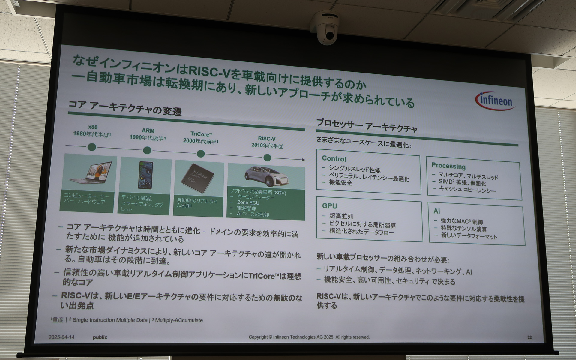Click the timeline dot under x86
pyautogui.click(x=92, y=147)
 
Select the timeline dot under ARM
pyautogui.click(x=147, y=150)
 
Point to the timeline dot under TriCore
pyautogui.click(x=201, y=154)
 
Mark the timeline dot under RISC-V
pyautogui.click(x=267, y=158)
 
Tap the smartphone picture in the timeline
pyautogui.click(x=145, y=175)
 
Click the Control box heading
pyautogui.click(x=334, y=159)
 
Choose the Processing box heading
pyautogui.click(x=448, y=166)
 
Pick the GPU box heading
pyautogui.click(x=329, y=206)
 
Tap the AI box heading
pyautogui.click(x=437, y=211)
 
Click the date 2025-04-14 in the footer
pyautogui.click(x=61, y=337)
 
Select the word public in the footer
pyautogui.click(x=100, y=337)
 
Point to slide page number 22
pyautogui.click(x=529, y=337)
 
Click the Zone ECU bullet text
pyautogui.click(x=248, y=203)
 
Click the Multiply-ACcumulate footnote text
pyautogui.click(x=179, y=320)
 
